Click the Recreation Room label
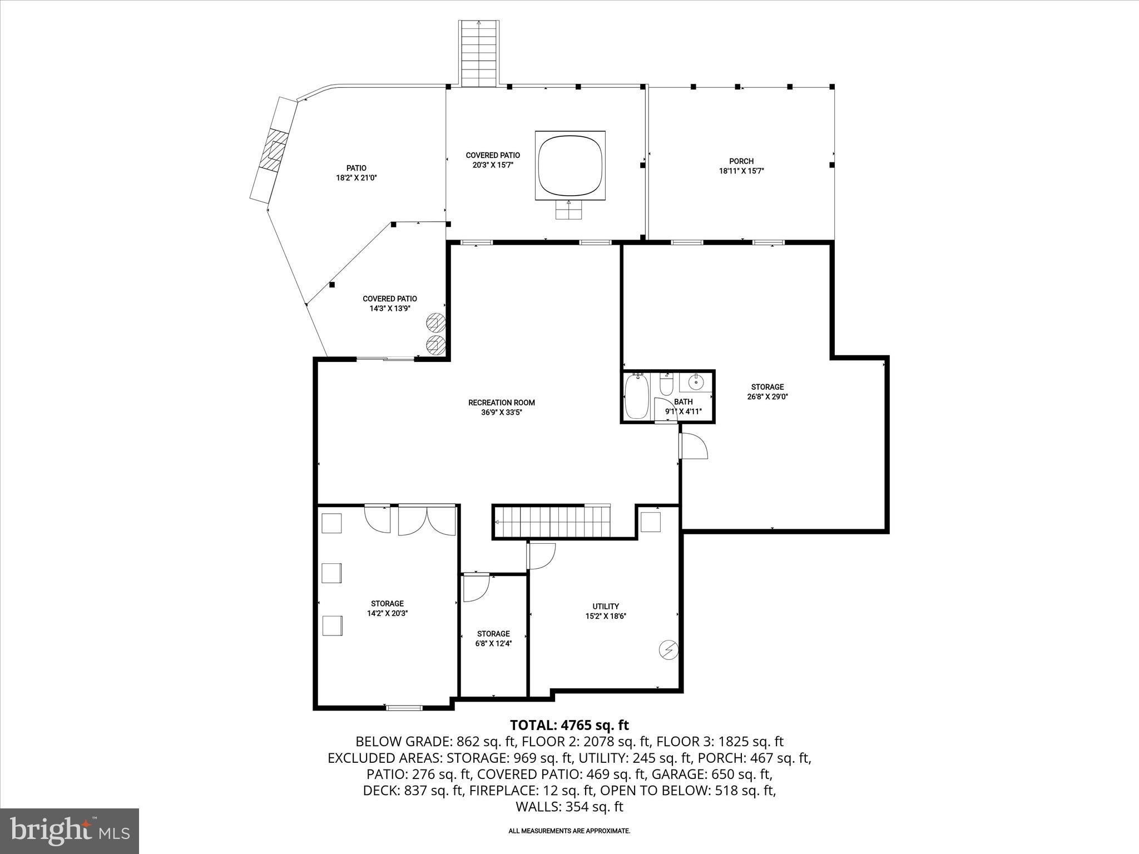pyautogui.click(x=501, y=403)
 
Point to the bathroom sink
pyautogui.click(x=695, y=382)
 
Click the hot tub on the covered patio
pyautogui.click(x=570, y=166)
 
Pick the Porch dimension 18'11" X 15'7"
pyautogui.click(x=741, y=171)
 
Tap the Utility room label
pyautogui.click(x=606, y=606)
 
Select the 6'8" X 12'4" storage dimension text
pyautogui.click(x=493, y=643)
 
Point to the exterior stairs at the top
pyautogui.click(x=479, y=53)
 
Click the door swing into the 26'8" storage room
pyautogui.click(x=694, y=446)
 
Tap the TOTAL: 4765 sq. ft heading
pyautogui.click(x=569, y=725)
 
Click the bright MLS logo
pyautogui.click(x=70, y=831)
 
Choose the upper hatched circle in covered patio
pyautogui.click(x=435, y=321)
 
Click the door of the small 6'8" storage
pyautogui.click(x=476, y=588)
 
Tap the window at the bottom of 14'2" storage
pyautogui.click(x=404, y=708)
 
